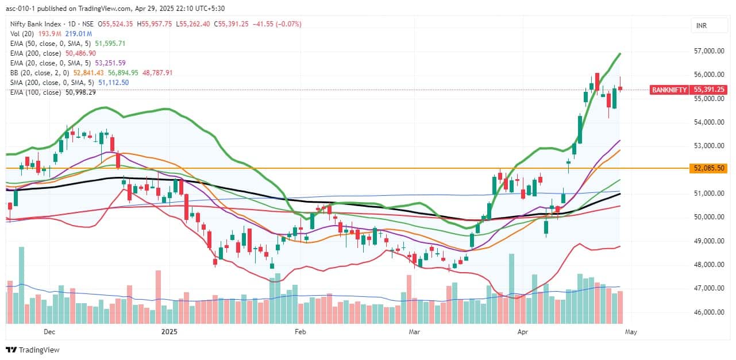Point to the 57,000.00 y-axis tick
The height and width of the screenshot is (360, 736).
[x=707, y=51]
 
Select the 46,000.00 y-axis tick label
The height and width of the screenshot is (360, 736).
[x=707, y=312]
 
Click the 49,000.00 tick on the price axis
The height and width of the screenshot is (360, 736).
[x=707, y=241]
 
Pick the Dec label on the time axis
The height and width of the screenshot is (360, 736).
[x=49, y=332]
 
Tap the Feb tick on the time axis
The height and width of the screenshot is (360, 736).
[x=299, y=332]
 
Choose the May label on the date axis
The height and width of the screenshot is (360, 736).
[x=630, y=332]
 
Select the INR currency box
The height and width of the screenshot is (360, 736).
[x=702, y=26]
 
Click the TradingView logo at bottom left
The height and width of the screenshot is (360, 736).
[x=33, y=350]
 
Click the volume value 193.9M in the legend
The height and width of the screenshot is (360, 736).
[x=50, y=33]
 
